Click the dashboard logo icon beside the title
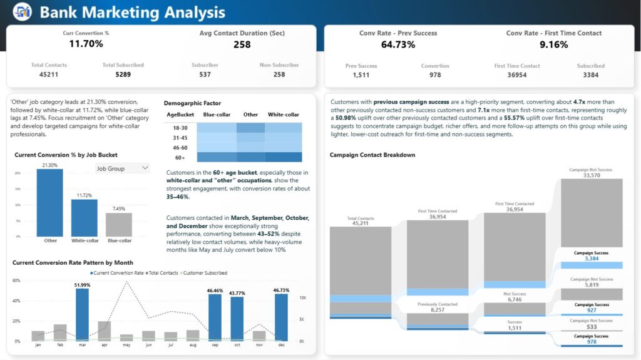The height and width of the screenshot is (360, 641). pyautogui.click(x=22, y=12)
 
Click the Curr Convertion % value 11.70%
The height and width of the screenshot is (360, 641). pyautogui.click(x=86, y=44)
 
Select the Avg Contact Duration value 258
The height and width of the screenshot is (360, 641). pyautogui.click(x=242, y=44)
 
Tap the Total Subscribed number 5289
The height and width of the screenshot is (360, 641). pyautogui.click(x=123, y=75)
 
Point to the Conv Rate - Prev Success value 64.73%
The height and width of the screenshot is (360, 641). pyautogui.click(x=398, y=44)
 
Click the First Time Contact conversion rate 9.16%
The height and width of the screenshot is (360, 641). pyautogui.click(x=553, y=44)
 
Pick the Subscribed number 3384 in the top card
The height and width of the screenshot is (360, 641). pyautogui.click(x=590, y=75)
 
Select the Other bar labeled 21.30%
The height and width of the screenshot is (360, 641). pyautogui.click(x=50, y=202)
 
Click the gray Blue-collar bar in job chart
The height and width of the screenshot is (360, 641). pyautogui.click(x=118, y=224)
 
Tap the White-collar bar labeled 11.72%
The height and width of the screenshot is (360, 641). pyautogui.click(x=84, y=217)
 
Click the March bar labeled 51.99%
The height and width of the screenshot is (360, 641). pyautogui.click(x=82, y=314)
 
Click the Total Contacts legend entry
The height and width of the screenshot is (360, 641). pyautogui.click(x=162, y=273)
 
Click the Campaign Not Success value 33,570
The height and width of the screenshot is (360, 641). pyautogui.click(x=592, y=175)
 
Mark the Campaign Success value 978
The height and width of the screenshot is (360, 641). pyautogui.click(x=592, y=341)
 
